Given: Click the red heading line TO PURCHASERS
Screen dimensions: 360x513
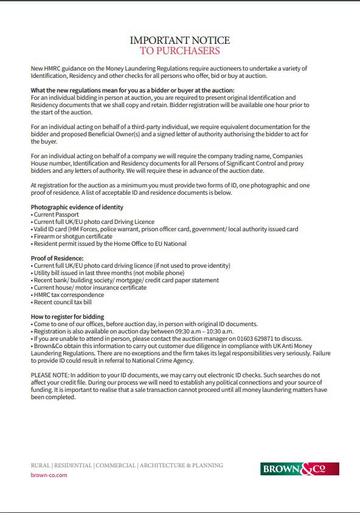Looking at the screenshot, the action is (180, 51).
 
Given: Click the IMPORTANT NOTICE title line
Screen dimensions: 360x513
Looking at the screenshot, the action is (180, 40).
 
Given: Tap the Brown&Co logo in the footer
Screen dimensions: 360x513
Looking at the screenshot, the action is (300, 469).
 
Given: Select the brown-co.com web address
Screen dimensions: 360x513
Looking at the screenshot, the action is (49, 475).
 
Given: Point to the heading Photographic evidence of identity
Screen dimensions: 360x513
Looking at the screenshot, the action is (77, 208).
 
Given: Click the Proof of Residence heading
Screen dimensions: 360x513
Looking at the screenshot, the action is (57, 259).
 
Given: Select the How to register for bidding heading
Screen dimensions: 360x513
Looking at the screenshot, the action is (67, 316).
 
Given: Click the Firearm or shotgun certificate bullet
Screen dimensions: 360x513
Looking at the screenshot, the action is (72, 237).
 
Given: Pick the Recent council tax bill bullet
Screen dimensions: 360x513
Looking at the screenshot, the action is (63, 302).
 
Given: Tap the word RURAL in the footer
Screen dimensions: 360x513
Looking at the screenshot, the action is (40, 466).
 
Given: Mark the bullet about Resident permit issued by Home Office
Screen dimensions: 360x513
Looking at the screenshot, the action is (109, 244).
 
